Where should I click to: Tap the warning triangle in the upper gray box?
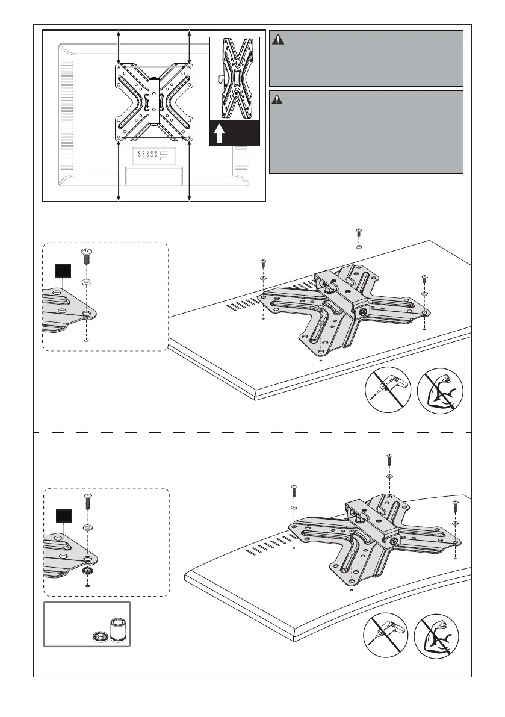click(x=278, y=40)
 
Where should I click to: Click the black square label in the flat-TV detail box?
click(x=63, y=270)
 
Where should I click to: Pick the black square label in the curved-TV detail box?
click(x=64, y=515)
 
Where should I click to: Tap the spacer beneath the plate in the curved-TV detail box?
click(x=88, y=571)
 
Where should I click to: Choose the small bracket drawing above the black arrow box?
click(x=234, y=78)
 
